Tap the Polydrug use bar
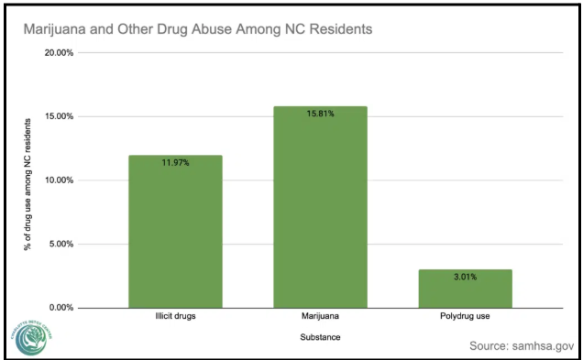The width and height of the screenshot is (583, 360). click(x=465, y=289)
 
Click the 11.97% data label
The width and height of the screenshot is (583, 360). click(x=175, y=163)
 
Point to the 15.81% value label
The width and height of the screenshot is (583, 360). click(x=320, y=115)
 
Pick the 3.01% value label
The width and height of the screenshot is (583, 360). click(x=465, y=278)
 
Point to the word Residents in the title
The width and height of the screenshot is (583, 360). click(x=335, y=28)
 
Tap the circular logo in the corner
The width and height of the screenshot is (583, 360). click(x=34, y=334)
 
